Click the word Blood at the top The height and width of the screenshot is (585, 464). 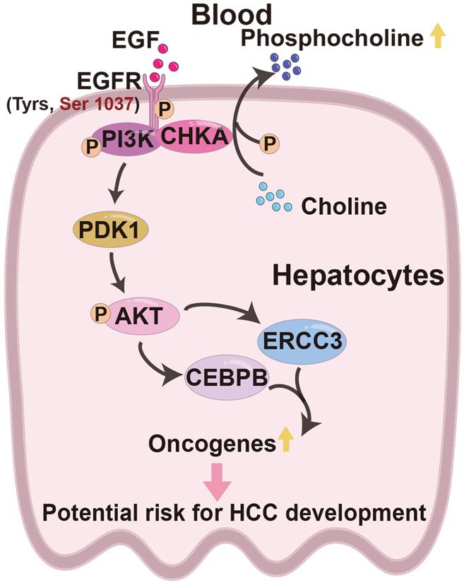click(232, 16)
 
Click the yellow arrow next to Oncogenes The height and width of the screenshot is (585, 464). click(285, 442)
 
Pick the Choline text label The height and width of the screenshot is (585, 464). click(344, 207)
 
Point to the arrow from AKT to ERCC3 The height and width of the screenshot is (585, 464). click(222, 312)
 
